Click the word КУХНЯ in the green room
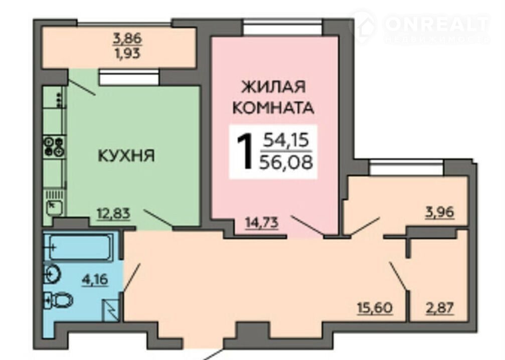tap(126, 156)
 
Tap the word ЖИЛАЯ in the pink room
tap(273, 87)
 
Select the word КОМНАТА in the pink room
tap(273, 108)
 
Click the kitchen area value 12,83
tap(114, 213)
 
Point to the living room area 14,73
tap(261, 222)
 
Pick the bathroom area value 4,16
tap(95, 279)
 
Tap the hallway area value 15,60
tap(375, 308)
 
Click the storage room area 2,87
tap(440, 308)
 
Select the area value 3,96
tap(440, 212)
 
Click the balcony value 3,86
tap(127, 39)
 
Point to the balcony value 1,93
tap(127, 53)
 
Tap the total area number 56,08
tap(286, 162)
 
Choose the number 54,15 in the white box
tap(286, 140)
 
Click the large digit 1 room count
tap(245, 151)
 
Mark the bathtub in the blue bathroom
tap(80, 247)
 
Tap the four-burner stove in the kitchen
tap(54, 146)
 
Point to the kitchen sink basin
tap(54, 207)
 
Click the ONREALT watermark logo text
tap(437, 24)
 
